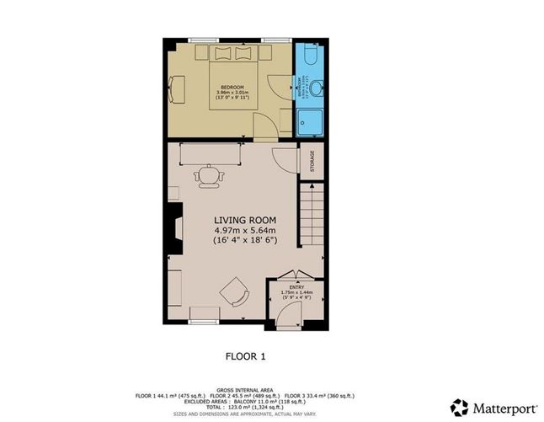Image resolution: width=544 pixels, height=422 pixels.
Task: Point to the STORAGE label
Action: pos(311,161)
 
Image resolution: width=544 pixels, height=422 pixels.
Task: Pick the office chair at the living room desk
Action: pos(208,174)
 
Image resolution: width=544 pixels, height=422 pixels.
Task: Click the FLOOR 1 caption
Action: pos(245,356)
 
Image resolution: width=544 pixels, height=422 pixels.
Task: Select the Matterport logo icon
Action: pos(459,408)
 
